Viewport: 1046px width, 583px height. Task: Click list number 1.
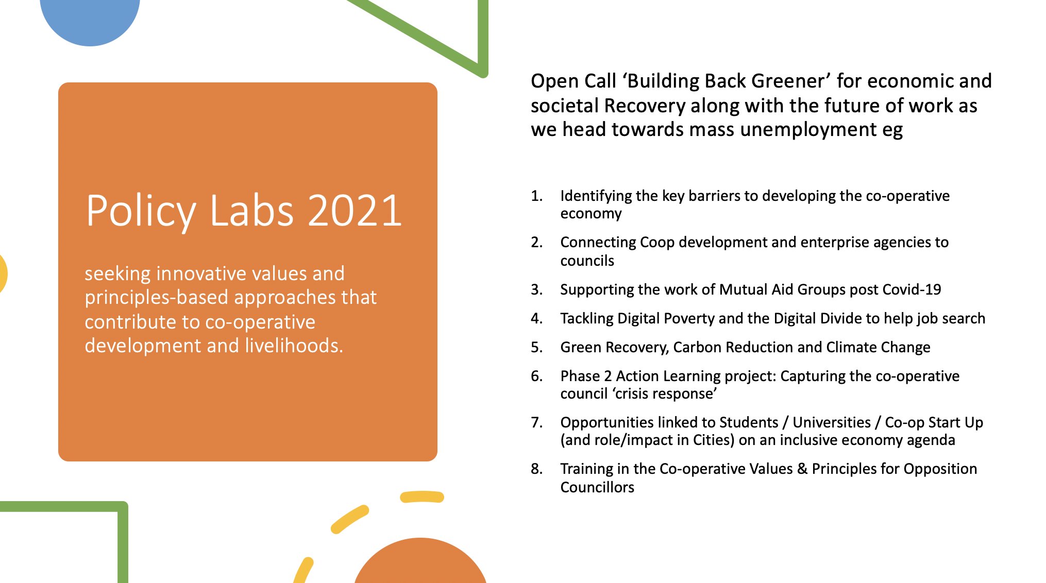pos(536,196)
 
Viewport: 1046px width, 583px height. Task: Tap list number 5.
pos(536,347)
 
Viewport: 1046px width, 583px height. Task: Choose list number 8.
pos(536,469)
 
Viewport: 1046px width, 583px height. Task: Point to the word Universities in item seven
pos(831,422)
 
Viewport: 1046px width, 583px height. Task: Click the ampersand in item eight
pos(802,469)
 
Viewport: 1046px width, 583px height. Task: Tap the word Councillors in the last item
pos(597,487)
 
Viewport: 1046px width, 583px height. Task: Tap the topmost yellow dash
pos(422,496)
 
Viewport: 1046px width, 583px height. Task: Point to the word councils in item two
pos(587,261)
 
